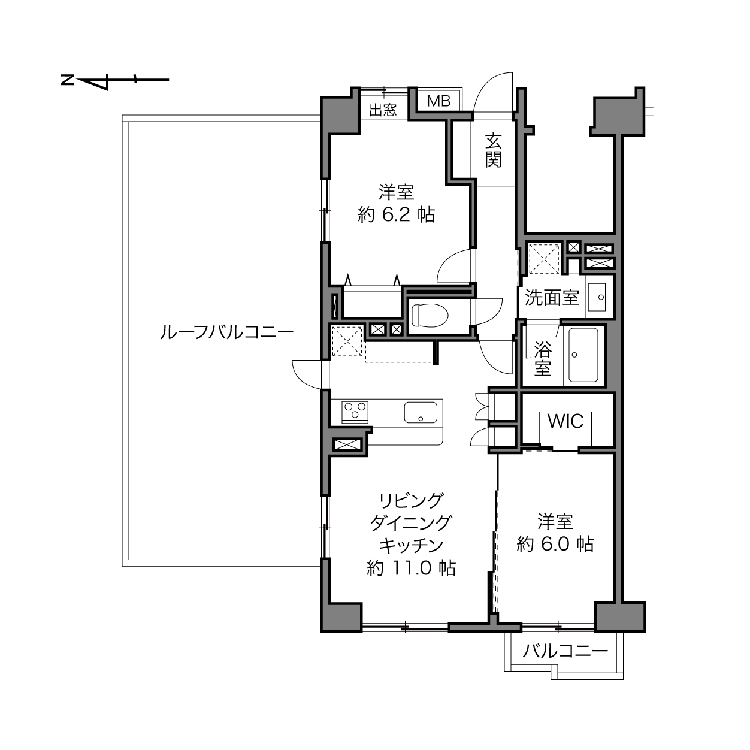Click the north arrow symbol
pos(114,80)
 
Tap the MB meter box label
pos(438,101)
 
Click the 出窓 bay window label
pos(382,110)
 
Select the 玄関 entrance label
pos(493,150)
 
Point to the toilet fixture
pos(429,315)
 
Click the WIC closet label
pos(565,421)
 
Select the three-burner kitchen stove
pos(354,411)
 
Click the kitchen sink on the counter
pos(421,412)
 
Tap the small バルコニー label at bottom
pos(565,651)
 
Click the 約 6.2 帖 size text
pos(397,214)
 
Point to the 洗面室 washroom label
pos(552,297)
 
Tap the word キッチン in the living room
pos(411,545)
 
